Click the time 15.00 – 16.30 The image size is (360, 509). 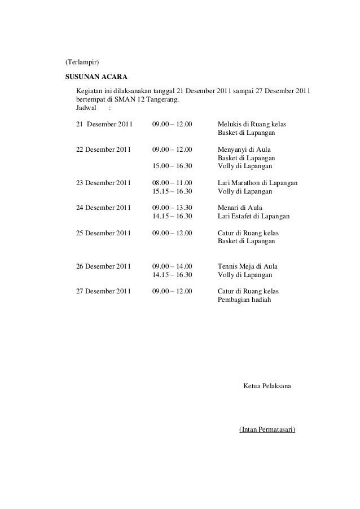pos(172,166)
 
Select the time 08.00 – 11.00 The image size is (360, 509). pos(172,183)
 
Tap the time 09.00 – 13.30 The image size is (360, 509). pos(172,207)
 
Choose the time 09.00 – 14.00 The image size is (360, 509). pos(172,266)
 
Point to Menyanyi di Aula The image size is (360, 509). pos(244,150)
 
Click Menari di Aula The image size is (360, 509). pos(240,207)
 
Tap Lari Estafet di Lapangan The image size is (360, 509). pos(253,216)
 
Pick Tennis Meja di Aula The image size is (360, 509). pos(247,266)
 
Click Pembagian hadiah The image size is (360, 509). pos(244,300)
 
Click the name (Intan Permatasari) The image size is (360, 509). pos(267,429)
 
